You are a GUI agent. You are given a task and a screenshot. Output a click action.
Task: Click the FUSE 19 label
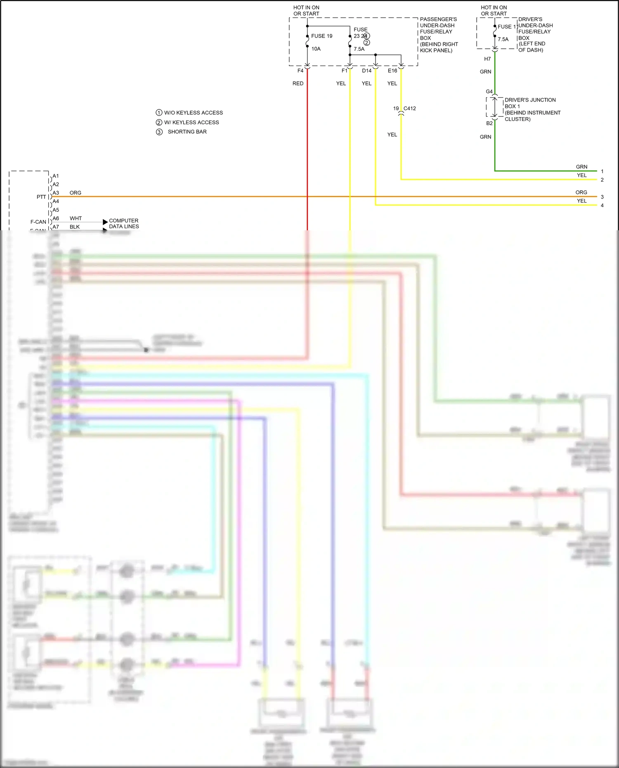pyautogui.click(x=321, y=36)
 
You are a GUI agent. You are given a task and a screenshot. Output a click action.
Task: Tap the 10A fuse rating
pyautogui.click(x=316, y=49)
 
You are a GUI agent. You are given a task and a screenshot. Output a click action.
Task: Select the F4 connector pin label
pyautogui.click(x=300, y=71)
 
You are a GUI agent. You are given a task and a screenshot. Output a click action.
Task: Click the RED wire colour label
pyautogui.click(x=298, y=83)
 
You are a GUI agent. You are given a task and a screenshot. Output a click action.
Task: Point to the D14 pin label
pyautogui.click(x=366, y=71)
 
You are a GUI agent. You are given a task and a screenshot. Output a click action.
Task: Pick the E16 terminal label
pyautogui.click(x=392, y=71)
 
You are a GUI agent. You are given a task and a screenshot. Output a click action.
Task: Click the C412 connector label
pyautogui.click(x=409, y=109)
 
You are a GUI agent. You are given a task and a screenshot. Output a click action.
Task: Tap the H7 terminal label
pyautogui.click(x=487, y=59)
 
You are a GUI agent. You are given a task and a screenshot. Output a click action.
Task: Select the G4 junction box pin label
pyautogui.click(x=489, y=92)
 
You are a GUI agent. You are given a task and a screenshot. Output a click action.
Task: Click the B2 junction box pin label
pyautogui.click(x=489, y=123)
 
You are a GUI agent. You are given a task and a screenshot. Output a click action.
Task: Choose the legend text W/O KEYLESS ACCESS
pyautogui.click(x=193, y=113)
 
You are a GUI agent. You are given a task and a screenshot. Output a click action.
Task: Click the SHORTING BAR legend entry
pyautogui.click(x=187, y=132)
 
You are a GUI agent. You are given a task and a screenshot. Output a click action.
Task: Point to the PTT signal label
pyautogui.click(x=41, y=197)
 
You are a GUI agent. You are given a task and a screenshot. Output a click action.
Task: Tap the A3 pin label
pyautogui.click(x=56, y=193)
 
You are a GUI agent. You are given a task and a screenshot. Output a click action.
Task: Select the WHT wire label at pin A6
pyautogui.click(x=76, y=218)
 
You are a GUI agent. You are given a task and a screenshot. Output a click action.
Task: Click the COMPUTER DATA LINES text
pyautogui.click(x=124, y=224)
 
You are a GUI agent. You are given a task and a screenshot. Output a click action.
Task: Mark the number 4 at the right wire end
pyautogui.click(x=602, y=206)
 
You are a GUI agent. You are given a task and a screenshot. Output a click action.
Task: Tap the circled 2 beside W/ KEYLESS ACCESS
pyautogui.click(x=159, y=122)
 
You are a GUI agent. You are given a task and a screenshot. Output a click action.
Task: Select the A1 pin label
pyautogui.click(x=56, y=176)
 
